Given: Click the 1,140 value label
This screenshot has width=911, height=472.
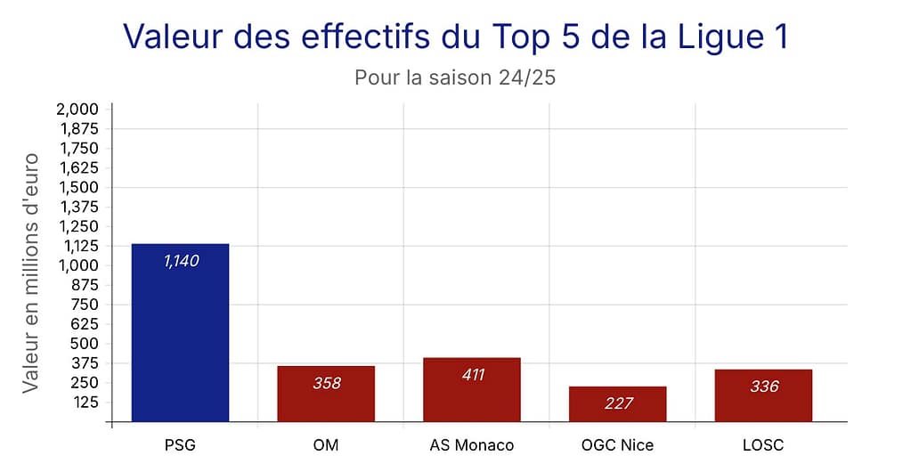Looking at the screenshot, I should pyautogui.click(x=181, y=261).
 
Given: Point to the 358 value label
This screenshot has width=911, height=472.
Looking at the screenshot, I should pyautogui.click(x=326, y=383).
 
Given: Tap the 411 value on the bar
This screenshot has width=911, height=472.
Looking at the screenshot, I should pyautogui.click(x=472, y=374).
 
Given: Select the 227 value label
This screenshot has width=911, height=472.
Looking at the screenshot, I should pyautogui.click(x=618, y=403).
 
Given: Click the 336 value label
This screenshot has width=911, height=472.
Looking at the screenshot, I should pyautogui.click(x=764, y=387).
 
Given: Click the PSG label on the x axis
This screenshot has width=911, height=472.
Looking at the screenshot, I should pyautogui.click(x=180, y=444).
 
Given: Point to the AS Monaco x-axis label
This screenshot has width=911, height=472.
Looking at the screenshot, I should pyautogui.click(x=472, y=444).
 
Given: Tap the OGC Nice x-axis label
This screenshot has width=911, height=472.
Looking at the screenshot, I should pyautogui.click(x=618, y=444).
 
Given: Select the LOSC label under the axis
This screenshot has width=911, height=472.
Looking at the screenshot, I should pyautogui.click(x=764, y=444).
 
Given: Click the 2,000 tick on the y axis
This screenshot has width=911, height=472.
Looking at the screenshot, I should pyautogui.click(x=77, y=109).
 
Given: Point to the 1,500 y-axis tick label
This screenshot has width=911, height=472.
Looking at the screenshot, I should pyautogui.click(x=77, y=187).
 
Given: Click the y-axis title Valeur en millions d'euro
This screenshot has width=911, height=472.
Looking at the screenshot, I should pyautogui.click(x=30, y=273).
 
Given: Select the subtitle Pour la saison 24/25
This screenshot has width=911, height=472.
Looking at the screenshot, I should pyautogui.click(x=455, y=77).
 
